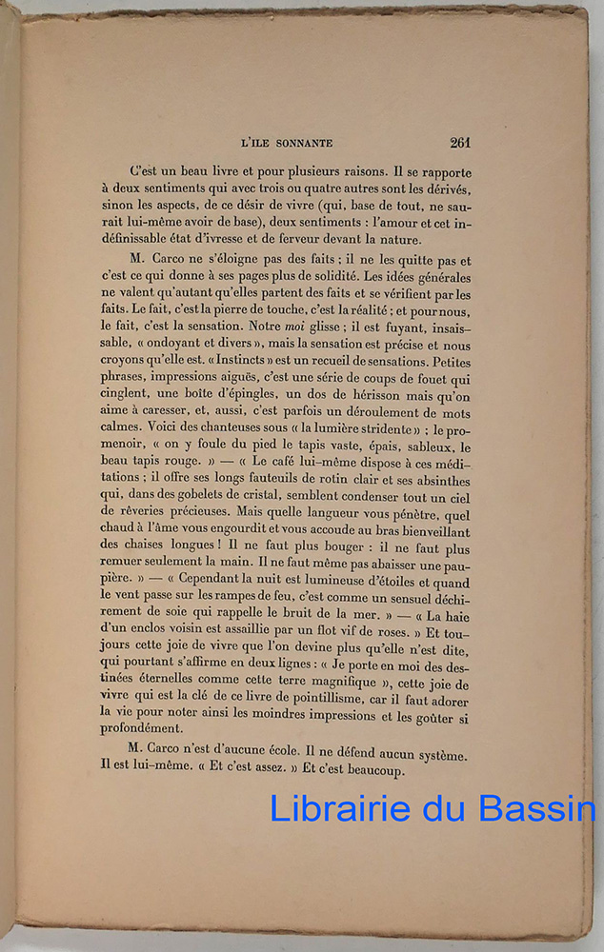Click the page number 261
(460, 143)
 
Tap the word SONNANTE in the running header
(303, 144)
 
